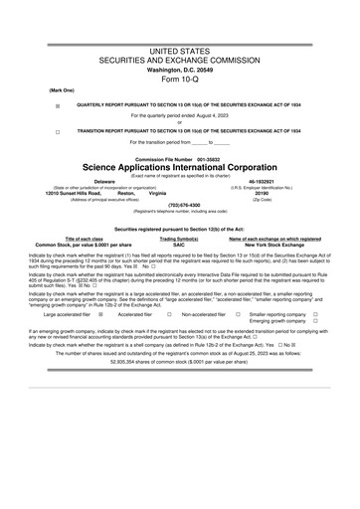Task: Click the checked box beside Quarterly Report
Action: (57, 104)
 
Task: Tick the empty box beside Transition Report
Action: (57, 132)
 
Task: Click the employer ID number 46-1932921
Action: (262, 182)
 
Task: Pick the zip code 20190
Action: (262, 194)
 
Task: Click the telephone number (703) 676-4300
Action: (179, 206)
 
